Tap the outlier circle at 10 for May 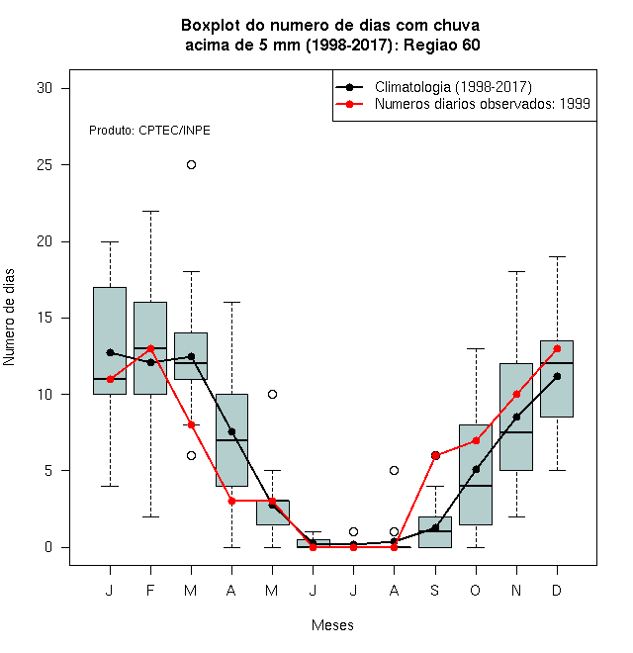tap(272, 394)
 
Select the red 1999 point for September tap(435, 455)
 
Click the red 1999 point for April tap(232, 501)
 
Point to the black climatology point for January tap(111, 353)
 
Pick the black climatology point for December tap(557, 377)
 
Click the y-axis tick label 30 tap(45, 88)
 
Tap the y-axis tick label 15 tap(45, 318)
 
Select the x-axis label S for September tap(435, 590)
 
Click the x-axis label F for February tap(150, 590)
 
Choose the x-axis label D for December tap(557, 590)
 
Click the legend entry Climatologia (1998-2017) tap(433, 87)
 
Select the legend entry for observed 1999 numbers tap(463, 104)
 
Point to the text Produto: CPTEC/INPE tap(149, 131)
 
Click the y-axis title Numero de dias tap(9, 318)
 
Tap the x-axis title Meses tap(332, 625)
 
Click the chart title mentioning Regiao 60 tap(331, 35)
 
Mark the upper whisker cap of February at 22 tap(150, 211)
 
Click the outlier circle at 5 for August tap(394, 471)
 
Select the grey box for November tap(516, 417)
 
